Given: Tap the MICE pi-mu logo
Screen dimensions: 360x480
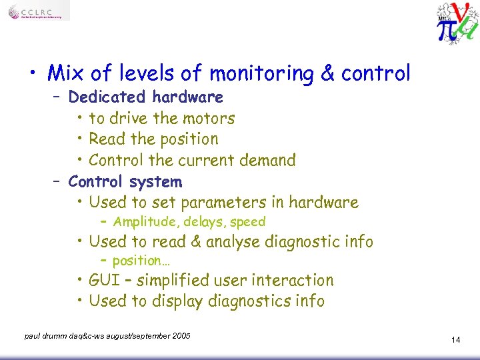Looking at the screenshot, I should tap(457, 21).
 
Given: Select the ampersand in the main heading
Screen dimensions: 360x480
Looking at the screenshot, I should tap(327, 73).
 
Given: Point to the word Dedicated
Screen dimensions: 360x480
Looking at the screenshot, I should tap(108, 97).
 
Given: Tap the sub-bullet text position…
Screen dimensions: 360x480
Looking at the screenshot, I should tap(141, 261).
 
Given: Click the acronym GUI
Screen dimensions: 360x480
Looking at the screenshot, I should tap(104, 281).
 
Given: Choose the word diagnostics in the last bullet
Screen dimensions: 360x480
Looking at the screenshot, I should tap(250, 301).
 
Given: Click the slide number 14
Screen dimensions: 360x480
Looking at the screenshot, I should tap(455, 340).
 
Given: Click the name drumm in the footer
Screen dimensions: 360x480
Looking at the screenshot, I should tap(54, 335).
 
